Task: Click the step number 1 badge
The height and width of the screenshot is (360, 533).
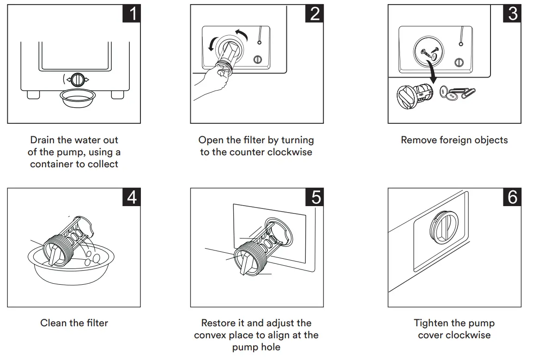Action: (132, 13)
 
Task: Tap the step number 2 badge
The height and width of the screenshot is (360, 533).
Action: (315, 13)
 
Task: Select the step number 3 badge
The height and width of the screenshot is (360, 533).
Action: (512, 13)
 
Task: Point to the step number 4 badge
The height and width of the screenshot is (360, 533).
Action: (132, 197)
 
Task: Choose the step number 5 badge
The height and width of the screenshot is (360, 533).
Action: (315, 197)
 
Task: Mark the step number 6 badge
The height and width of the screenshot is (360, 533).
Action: (512, 197)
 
